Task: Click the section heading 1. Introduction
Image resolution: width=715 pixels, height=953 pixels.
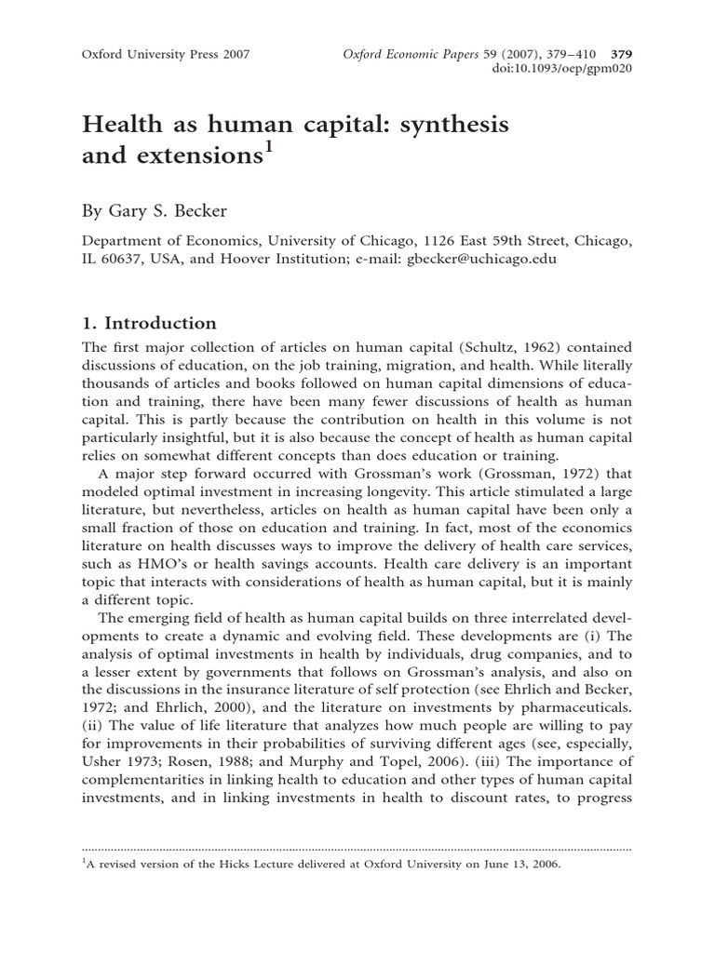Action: (150, 323)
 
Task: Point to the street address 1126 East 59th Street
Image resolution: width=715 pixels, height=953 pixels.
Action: (485, 240)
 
